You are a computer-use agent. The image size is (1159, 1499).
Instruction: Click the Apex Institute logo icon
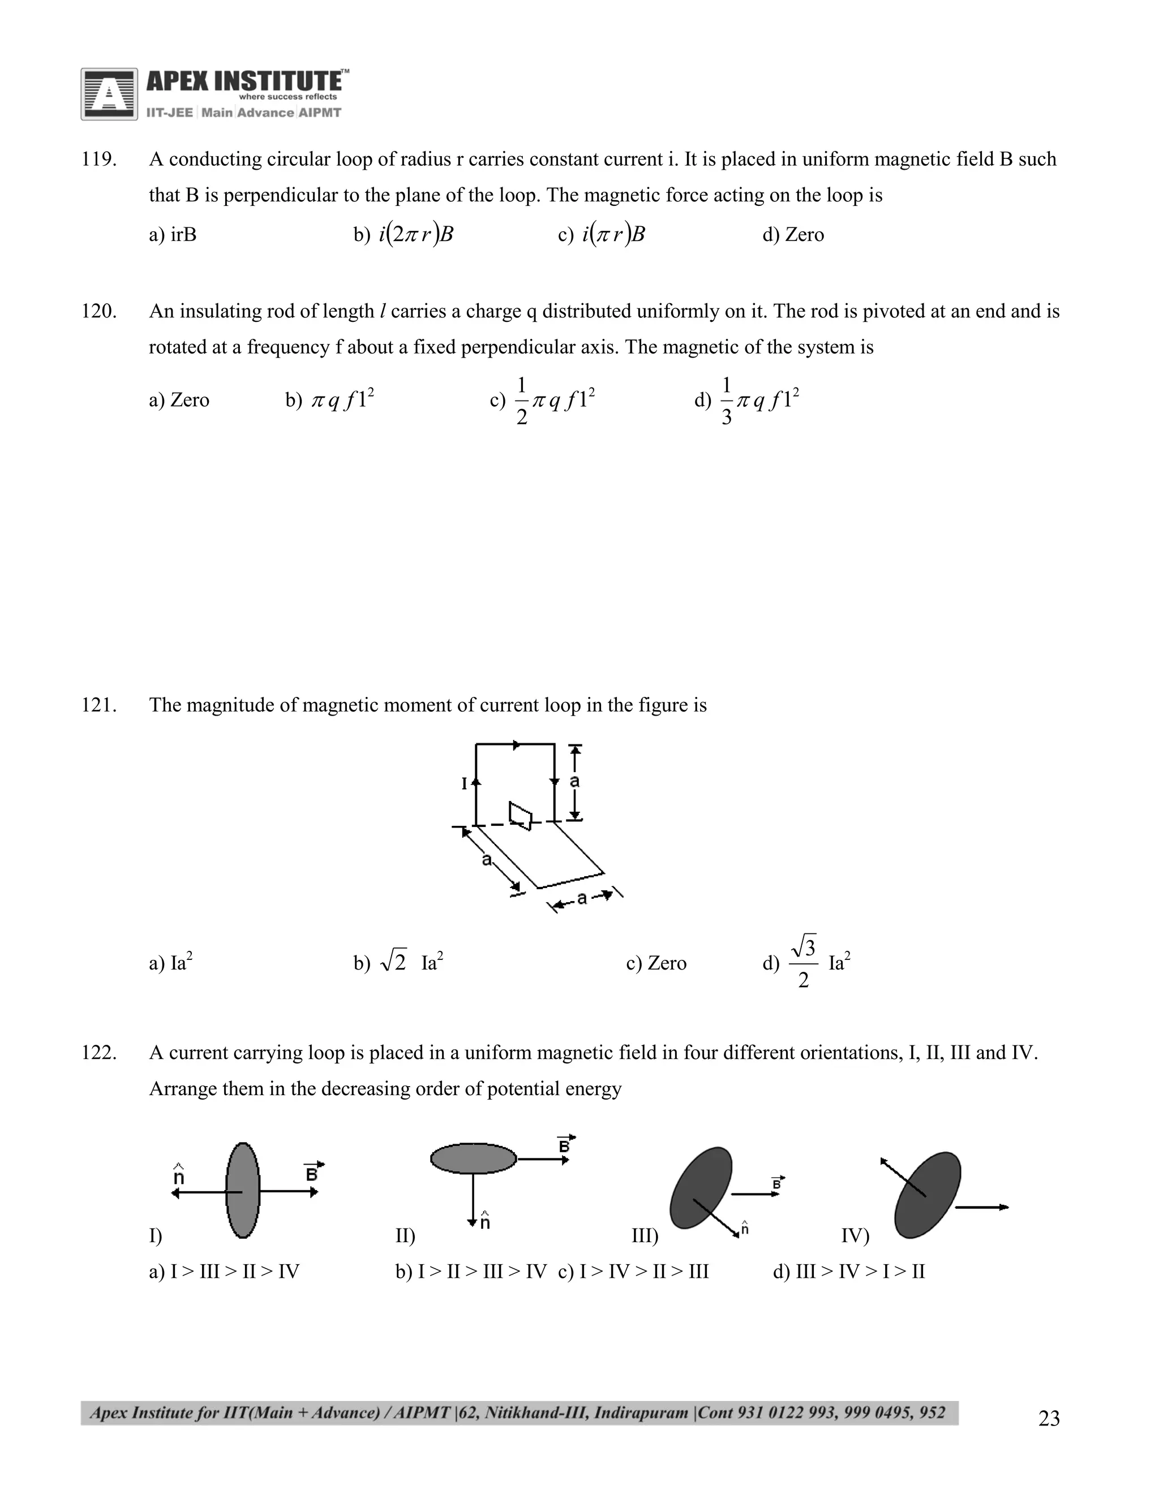coord(109,94)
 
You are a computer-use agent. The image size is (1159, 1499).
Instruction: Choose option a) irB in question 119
coord(173,235)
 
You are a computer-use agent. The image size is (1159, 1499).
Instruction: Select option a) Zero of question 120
coord(179,400)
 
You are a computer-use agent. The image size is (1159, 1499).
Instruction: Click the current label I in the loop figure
coord(465,783)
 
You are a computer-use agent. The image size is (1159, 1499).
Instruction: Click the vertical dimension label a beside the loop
coord(576,781)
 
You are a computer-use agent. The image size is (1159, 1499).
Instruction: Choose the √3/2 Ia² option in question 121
coord(807,962)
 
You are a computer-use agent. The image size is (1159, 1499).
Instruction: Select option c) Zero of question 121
coord(656,963)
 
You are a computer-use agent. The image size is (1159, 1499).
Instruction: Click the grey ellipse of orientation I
coord(243,1190)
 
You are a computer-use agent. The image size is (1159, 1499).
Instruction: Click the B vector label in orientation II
coord(564,1145)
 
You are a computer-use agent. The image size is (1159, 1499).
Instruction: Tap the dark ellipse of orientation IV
coord(927,1195)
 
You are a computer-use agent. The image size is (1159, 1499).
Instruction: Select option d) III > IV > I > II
coord(849,1272)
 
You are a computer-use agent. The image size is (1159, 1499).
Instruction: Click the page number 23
coord(1049,1418)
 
